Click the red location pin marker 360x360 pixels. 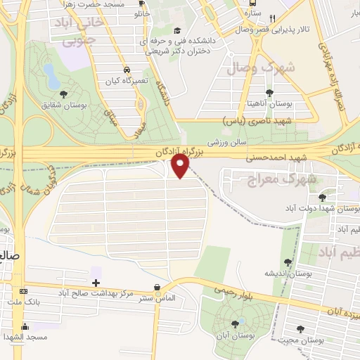(181, 165)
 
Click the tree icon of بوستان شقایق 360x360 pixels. (63, 94)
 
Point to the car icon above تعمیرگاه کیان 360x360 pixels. (126, 70)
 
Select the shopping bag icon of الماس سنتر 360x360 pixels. (157, 287)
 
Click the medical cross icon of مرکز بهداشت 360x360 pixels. (96, 282)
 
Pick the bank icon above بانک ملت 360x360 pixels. (24, 291)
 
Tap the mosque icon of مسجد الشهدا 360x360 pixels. (25, 326)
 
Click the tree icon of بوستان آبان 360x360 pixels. (234, 324)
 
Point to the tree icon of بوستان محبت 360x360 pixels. (301, 328)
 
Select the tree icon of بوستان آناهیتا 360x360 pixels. (269, 92)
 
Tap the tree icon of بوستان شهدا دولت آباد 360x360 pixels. (322, 198)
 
